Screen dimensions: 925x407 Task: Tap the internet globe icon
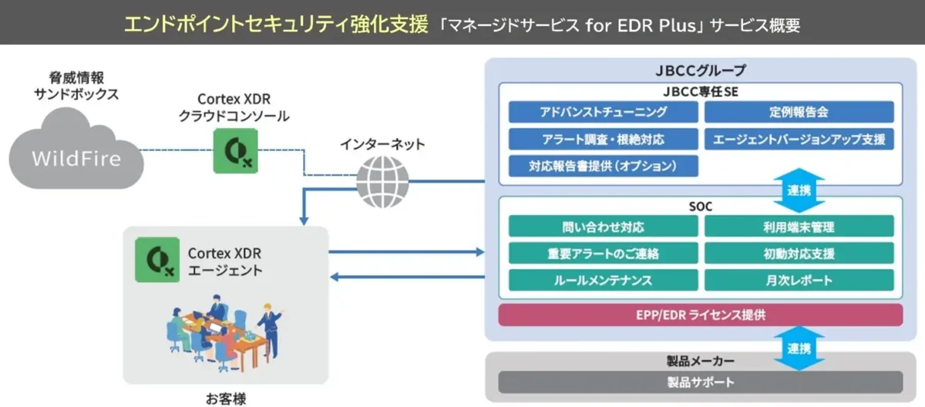tap(382, 182)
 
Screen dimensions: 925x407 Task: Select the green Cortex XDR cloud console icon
tap(235, 150)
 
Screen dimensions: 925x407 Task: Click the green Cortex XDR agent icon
tap(157, 260)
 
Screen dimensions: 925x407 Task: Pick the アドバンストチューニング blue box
tap(603, 112)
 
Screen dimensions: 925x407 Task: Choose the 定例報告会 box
tap(799, 112)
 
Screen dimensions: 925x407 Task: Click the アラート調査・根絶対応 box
tap(603, 139)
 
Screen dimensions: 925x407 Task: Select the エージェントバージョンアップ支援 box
tap(799, 139)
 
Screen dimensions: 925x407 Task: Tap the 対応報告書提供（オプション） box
tap(603, 166)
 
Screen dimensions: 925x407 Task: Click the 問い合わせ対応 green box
tap(603, 226)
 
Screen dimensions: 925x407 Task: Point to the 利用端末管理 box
tap(799, 226)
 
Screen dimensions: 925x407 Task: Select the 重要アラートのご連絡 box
tap(603, 253)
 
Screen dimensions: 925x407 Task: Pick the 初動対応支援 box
tap(799, 253)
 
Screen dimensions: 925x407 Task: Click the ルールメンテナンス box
tap(603, 281)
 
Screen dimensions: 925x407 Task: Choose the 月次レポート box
tap(799, 281)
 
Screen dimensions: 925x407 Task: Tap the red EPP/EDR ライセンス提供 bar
tap(701, 315)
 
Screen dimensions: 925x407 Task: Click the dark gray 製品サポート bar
tap(701, 382)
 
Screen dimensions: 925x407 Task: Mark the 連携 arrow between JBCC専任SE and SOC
tap(799, 190)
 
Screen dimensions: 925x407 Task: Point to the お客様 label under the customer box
tap(226, 399)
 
